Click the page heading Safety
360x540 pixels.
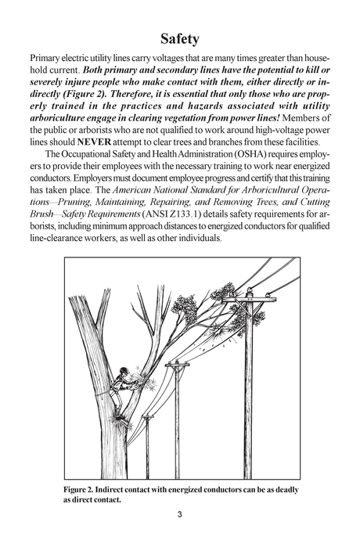(179, 38)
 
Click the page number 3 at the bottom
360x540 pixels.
(179, 514)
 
